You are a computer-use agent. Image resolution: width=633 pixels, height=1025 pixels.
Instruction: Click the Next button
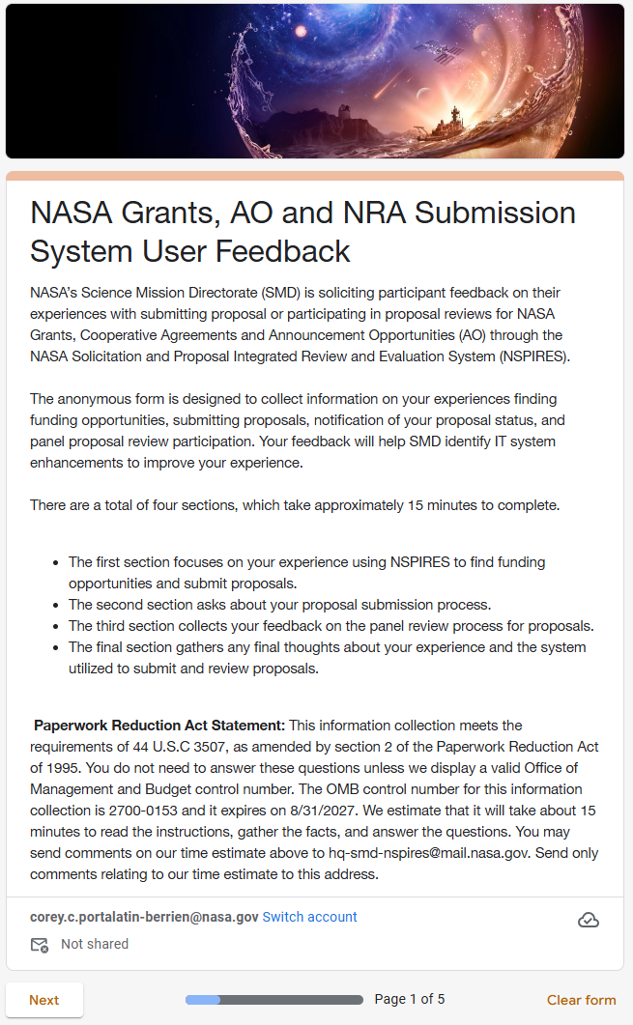coord(44,1000)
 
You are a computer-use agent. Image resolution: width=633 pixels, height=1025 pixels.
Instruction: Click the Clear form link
coord(581,1000)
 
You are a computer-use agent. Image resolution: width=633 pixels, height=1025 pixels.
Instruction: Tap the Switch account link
coord(309,917)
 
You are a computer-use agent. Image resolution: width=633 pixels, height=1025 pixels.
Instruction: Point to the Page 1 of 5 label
coord(410,999)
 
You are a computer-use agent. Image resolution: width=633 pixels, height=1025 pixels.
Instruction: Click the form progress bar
coord(273,1000)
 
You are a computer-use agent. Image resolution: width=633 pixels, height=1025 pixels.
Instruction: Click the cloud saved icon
coord(588,920)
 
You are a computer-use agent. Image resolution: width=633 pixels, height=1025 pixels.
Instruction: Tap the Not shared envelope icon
coord(40,945)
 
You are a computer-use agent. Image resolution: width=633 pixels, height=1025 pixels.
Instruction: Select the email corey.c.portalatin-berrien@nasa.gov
coord(144,917)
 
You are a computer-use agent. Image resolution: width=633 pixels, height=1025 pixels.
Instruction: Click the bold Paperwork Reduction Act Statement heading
coord(159,726)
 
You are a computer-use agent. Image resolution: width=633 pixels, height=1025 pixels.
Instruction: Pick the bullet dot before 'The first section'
coord(55,562)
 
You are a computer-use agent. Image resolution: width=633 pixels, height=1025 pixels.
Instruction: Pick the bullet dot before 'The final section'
coord(55,647)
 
